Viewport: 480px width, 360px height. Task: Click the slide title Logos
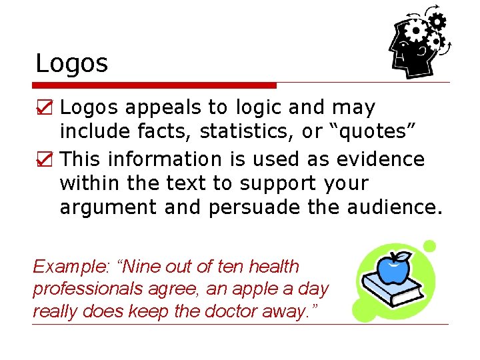click(x=71, y=64)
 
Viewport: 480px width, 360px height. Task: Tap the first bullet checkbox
click(x=44, y=107)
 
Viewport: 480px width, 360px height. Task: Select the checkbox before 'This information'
click(x=44, y=159)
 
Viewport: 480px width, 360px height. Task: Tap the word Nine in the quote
click(x=146, y=267)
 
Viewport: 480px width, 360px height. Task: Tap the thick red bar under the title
click(x=154, y=85)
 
